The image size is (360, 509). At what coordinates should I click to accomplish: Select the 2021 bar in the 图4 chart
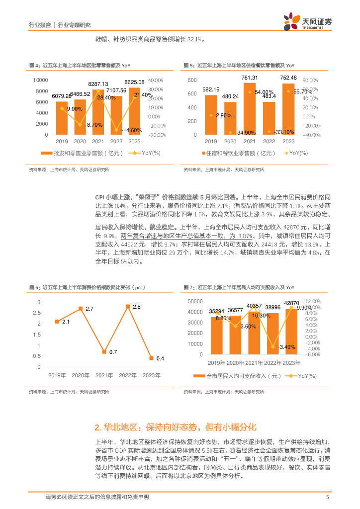(98, 112)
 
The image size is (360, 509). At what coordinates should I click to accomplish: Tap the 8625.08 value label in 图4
(134, 82)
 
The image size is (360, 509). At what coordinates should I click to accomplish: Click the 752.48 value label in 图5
(288, 78)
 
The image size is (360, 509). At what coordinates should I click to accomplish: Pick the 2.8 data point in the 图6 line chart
(128, 307)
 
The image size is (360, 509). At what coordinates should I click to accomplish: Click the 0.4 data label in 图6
(160, 358)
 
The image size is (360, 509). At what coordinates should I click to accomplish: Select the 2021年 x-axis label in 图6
(104, 375)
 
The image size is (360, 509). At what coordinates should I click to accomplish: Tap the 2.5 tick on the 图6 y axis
(39, 313)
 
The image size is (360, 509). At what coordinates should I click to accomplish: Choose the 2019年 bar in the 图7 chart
(216, 336)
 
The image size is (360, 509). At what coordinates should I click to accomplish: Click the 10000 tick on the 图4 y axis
(41, 80)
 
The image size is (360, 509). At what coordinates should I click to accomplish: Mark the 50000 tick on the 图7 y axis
(195, 301)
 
